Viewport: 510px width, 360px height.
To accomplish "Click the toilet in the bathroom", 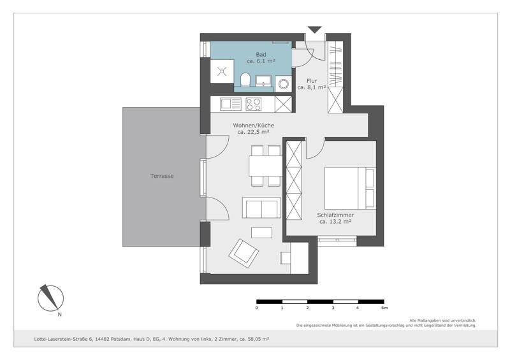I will (x=246, y=80).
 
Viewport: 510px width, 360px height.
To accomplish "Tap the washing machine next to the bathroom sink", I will (x=283, y=83).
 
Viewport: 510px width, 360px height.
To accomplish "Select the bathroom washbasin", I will (x=263, y=81).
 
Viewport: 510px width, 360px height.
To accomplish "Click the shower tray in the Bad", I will (x=222, y=71).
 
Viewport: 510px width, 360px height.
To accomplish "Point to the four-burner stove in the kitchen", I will (x=253, y=104).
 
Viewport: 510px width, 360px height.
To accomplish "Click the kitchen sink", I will (x=228, y=104).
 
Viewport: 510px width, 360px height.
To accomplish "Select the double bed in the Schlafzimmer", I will (x=349, y=187).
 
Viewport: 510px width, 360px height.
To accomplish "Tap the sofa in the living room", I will (x=261, y=208).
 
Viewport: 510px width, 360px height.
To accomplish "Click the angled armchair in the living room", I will (x=244, y=253).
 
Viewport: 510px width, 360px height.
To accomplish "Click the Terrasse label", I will (x=162, y=176).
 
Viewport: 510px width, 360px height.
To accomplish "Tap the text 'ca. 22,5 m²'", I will (x=252, y=133).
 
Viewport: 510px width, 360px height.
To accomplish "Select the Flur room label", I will (x=312, y=81).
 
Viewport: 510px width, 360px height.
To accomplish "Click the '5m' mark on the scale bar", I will (x=384, y=308).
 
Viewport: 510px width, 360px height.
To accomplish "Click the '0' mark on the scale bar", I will (x=257, y=308).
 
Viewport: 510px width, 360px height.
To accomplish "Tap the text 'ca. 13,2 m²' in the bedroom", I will (x=335, y=222).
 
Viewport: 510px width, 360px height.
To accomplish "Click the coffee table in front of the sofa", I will (x=261, y=231).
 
